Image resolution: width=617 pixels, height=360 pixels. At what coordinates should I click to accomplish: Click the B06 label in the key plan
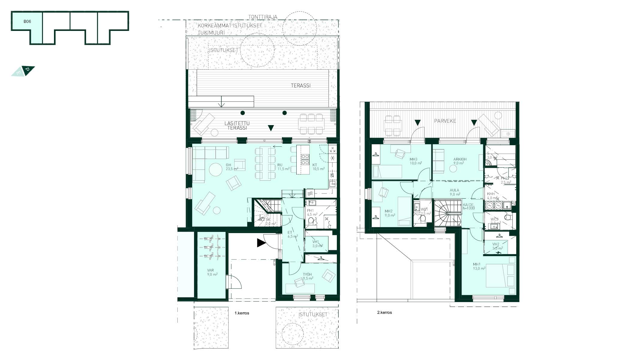[27, 22]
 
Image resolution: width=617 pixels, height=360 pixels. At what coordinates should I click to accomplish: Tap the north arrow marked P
[28, 70]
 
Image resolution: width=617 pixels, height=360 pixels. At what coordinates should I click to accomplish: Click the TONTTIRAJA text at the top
[263, 17]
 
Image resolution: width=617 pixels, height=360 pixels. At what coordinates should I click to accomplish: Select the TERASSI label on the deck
[301, 85]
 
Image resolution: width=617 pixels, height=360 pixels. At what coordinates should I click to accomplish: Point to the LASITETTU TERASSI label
[237, 125]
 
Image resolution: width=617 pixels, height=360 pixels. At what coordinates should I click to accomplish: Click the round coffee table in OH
[215, 169]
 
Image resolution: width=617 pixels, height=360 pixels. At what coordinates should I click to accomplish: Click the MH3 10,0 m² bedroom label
[415, 161]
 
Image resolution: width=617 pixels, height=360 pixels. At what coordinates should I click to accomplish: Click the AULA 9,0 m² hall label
[455, 192]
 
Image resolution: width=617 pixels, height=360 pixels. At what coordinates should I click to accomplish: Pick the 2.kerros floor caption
[384, 312]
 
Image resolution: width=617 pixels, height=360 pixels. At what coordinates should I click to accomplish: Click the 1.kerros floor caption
[242, 313]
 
